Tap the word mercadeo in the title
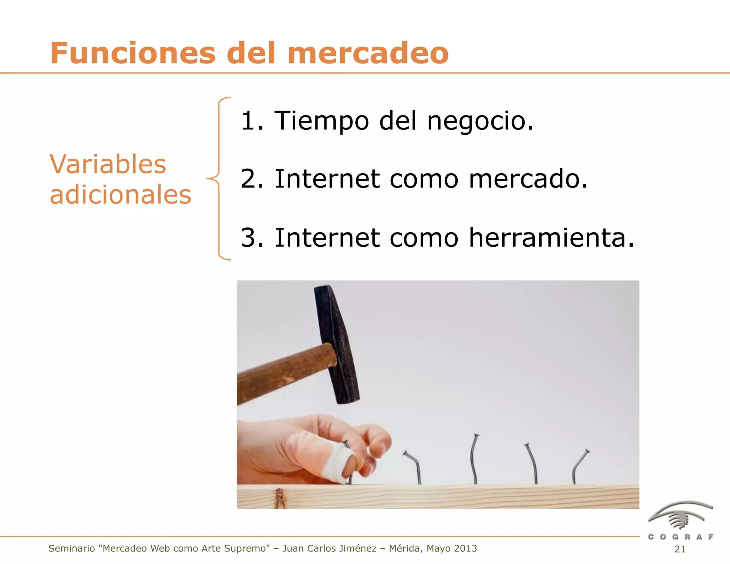pyautogui.click(x=368, y=53)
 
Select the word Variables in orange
pyautogui.click(x=108, y=164)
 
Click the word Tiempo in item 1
pyautogui.click(x=321, y=121)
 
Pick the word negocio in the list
pyautogui.click(x=480, y=121)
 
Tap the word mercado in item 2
pyautogui.click(x=528, y=179)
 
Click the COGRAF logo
pyautogui.click(x=680, y=521)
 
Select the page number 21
pyautogui.click(x=680, y=549)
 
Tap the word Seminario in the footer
pyautogui.click(x=71, y=548)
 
